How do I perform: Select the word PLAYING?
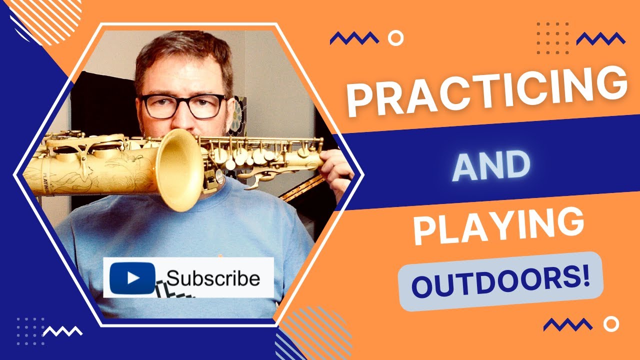coord(498,227)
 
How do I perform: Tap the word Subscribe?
coord(213,278)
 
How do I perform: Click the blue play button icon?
coord(132,278)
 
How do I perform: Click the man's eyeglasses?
coord(183,106)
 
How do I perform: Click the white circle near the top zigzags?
coord(396,38)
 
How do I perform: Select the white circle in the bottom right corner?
coord(610,324)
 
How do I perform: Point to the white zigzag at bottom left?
coord(63,330)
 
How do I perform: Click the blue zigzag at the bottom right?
coord(567,325)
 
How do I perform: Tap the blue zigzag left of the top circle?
coord(354,38)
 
